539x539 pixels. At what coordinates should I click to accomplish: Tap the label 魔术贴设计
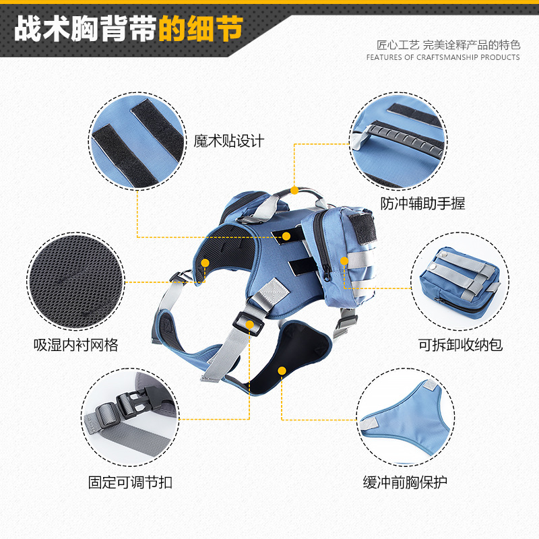(x=229, y=141)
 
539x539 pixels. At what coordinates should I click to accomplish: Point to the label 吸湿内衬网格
(x=75, y=345)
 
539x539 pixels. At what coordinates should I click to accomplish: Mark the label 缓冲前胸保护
(x=405, y=482)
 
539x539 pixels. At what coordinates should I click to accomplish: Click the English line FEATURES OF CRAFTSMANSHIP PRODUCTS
(x=443, y=57)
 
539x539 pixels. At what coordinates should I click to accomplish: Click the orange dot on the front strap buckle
(x=250, y=325)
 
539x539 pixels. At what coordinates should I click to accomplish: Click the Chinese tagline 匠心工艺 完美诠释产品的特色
(x=448, y=45)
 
